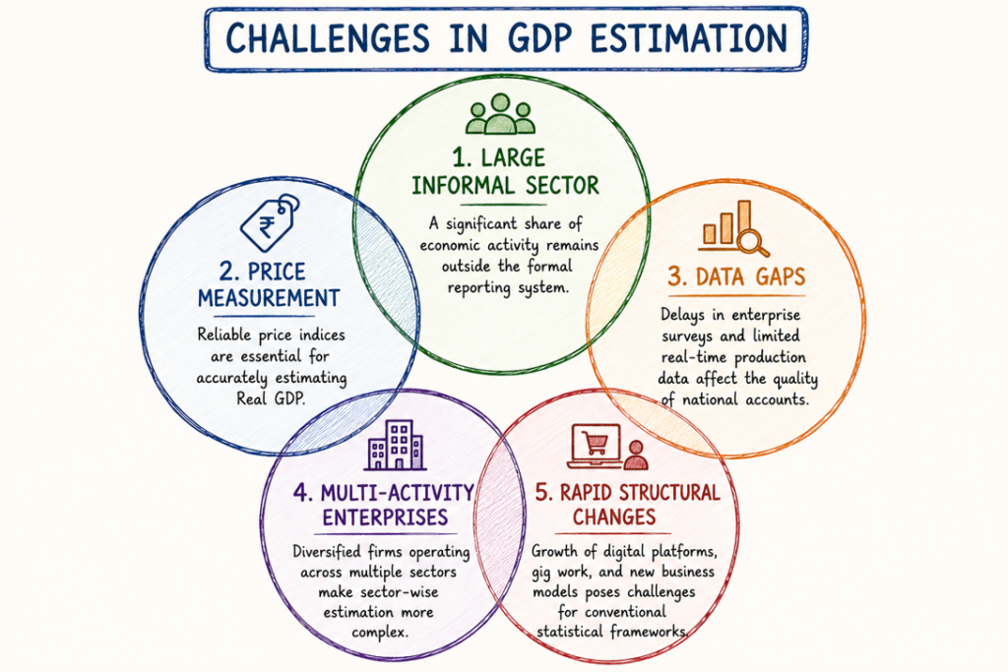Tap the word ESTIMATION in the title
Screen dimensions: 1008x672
[689, 38]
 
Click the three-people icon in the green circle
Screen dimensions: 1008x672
[500, 114]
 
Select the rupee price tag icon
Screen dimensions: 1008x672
[270, 222]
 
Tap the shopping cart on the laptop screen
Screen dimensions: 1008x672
[595, 442]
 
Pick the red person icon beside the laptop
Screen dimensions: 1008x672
[636, 455]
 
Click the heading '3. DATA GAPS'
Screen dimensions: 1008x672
[736, 276]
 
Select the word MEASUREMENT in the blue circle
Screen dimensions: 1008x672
[269, 298]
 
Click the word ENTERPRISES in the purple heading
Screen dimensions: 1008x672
[385, 518]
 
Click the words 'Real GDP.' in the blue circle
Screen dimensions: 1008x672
[271, 398]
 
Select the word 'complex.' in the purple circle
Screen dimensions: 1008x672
[380, 633]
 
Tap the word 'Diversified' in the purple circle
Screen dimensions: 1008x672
[327, 552]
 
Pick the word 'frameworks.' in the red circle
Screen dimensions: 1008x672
[649, 631]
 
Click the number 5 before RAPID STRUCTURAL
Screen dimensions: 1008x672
[543, 493]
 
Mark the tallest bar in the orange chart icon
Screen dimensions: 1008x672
[744, 222]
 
